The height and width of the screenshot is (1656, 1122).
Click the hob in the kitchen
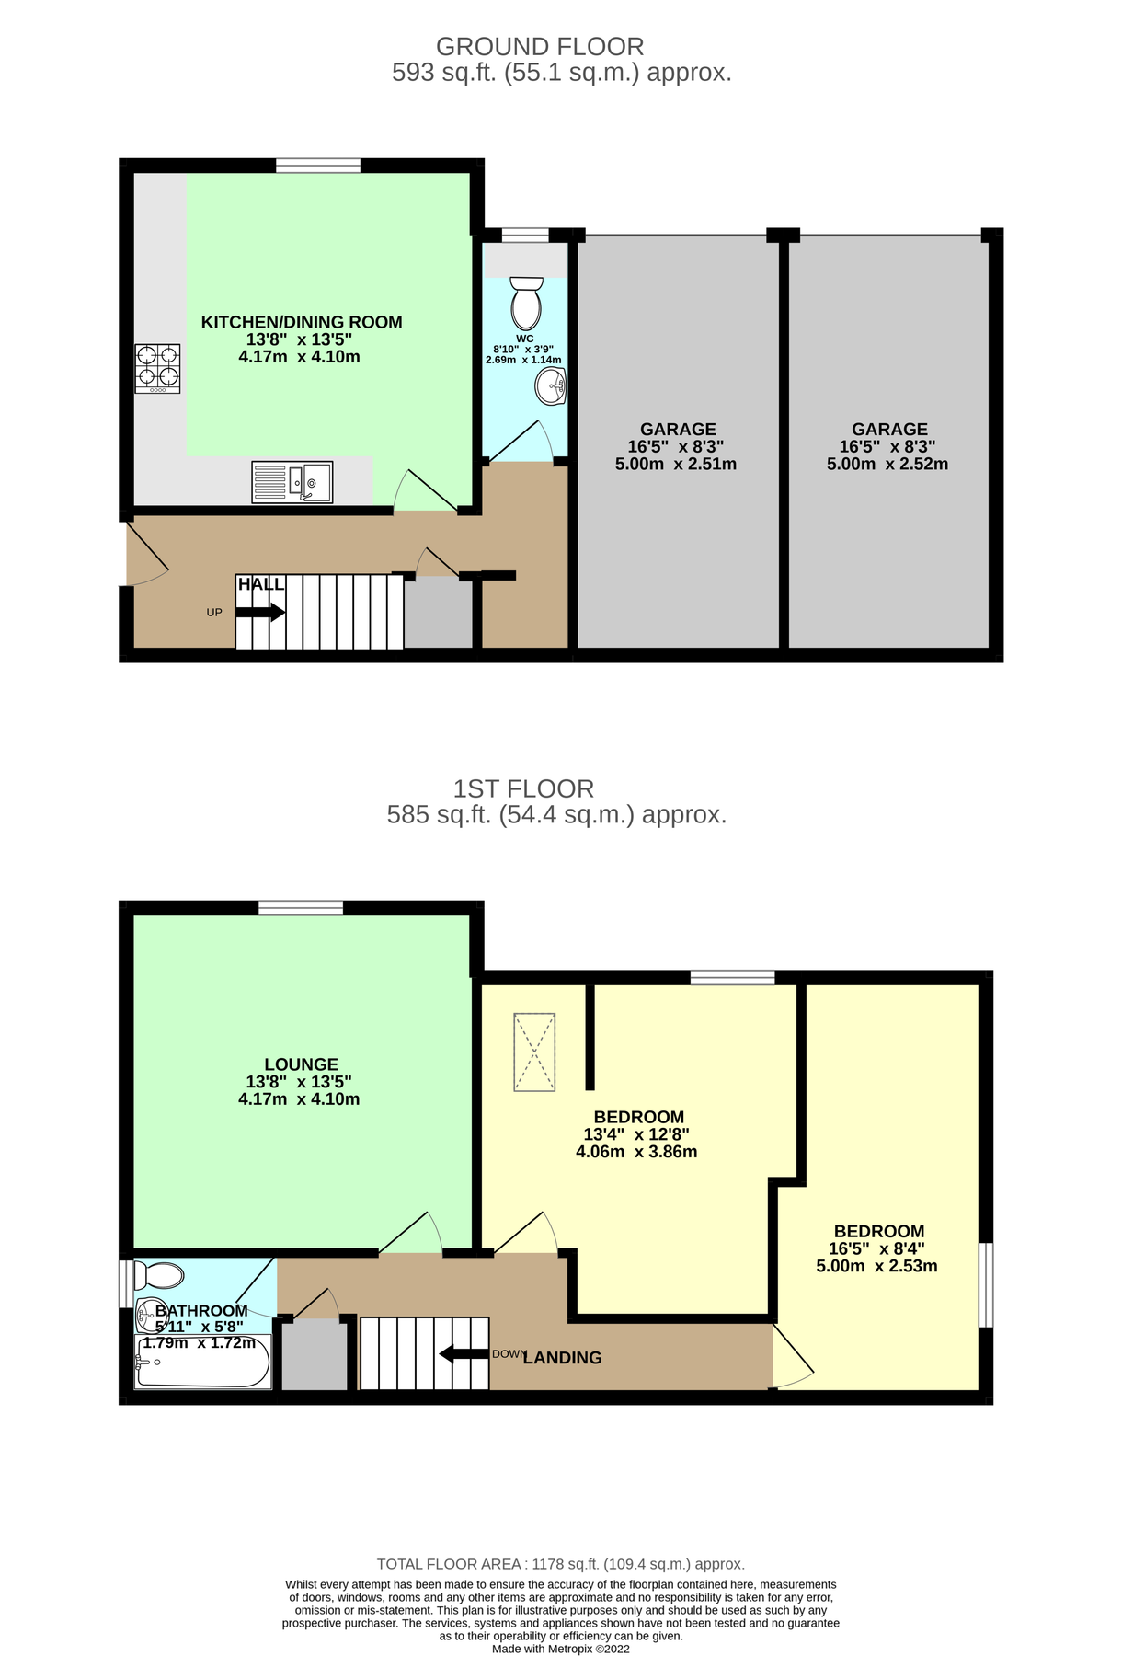(157, 368)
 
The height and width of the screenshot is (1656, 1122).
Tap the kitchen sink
(292, 482)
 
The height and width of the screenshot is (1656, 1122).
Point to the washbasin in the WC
(550, 386)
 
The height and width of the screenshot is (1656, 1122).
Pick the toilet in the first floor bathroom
(159, 1276)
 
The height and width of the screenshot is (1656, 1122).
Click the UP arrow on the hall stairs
(260, 613)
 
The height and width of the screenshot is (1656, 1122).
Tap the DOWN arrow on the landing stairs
(464, 1354)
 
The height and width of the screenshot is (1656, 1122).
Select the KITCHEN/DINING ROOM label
(302, 322)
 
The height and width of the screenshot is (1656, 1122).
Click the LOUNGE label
(301, 1064)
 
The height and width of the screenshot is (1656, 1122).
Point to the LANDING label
(562, 1358)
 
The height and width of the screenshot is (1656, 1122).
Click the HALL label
(261, 584)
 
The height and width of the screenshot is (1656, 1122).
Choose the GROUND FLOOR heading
(540, 46)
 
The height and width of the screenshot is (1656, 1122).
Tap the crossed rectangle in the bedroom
(534, 1052)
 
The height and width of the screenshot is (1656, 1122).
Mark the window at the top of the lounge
(301, 908)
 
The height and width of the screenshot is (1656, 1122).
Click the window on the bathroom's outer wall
(126, 1283)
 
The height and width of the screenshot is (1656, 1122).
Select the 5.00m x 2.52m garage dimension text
(887, 465)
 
